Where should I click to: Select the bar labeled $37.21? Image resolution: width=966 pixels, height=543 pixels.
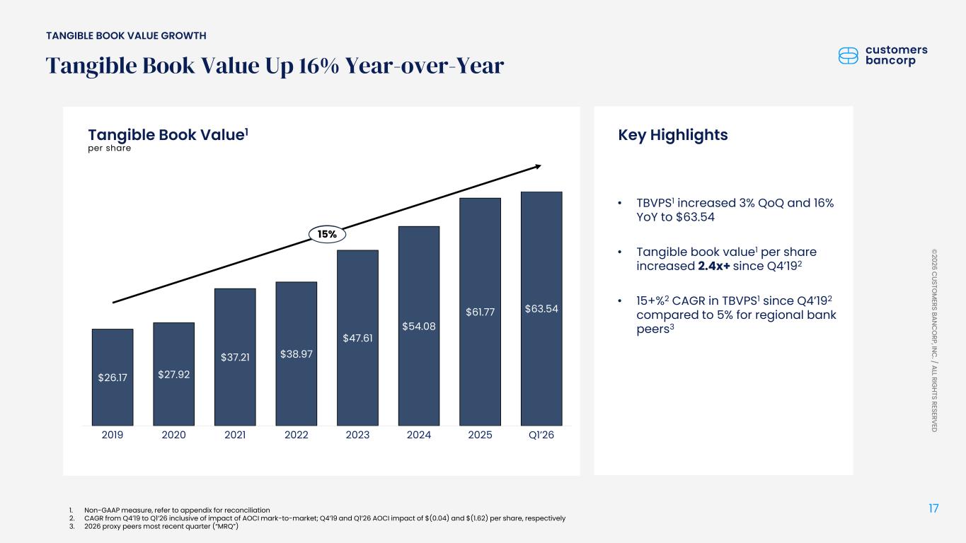click(235, 356)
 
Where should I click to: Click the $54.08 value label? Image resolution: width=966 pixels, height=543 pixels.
click(419, 326)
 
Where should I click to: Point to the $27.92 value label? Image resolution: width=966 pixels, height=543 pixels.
click(173, 375)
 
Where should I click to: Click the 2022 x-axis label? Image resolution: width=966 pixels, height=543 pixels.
click(296, 435)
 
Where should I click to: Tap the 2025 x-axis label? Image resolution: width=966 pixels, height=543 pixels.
click(480, 435)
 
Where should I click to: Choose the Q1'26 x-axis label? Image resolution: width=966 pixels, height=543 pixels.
click(541, 435)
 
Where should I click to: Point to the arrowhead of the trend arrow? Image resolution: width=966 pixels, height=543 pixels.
click(537, 167)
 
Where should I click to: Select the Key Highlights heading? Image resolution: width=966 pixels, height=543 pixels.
click(672, 135)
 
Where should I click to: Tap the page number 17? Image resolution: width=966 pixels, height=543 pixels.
click(933, 508)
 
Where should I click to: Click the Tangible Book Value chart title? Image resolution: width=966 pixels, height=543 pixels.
click(167, 134)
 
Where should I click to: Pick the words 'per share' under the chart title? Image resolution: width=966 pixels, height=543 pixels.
click(109, 148)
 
